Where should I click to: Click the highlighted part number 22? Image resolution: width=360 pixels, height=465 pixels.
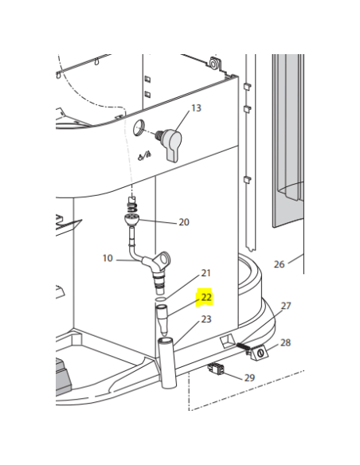206,297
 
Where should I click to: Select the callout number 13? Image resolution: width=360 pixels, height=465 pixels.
196,108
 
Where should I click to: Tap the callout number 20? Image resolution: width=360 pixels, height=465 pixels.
184,222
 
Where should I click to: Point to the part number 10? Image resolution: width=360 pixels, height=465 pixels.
108,258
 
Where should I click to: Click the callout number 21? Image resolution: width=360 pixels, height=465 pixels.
205,273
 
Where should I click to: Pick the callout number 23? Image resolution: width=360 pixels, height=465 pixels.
206,319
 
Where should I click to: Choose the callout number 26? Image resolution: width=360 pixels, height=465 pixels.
279,264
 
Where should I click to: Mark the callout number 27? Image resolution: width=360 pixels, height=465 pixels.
286,306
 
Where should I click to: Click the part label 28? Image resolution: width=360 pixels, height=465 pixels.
285,343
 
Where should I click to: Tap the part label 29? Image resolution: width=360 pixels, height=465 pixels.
249,377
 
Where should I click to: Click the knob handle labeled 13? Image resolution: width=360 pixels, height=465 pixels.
171,145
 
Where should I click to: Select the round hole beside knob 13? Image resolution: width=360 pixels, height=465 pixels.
139,127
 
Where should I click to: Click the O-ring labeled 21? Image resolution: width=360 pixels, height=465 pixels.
160,299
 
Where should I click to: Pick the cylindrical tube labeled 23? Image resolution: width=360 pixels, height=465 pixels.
168,363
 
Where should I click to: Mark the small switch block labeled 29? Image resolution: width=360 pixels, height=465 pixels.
216,369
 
